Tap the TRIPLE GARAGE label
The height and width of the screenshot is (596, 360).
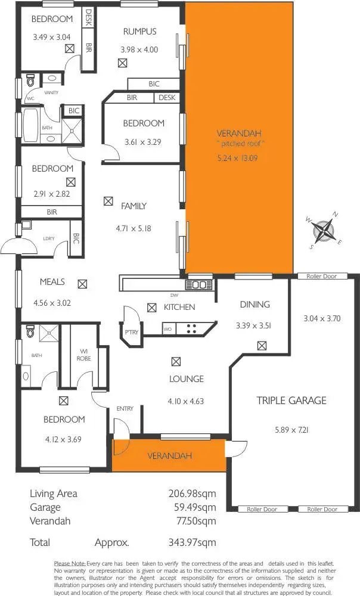point(291,401)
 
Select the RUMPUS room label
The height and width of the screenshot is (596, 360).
point(139,32)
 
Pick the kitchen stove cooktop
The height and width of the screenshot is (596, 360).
point(192,327)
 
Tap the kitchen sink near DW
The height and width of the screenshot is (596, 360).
point(199,285)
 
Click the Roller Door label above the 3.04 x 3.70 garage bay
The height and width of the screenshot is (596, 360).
point(322,276)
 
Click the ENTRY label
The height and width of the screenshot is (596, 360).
point(125,408)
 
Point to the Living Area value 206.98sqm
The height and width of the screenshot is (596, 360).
point(193,493)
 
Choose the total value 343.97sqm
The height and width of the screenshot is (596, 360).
point(193,542)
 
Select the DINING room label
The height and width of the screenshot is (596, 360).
point(255,305)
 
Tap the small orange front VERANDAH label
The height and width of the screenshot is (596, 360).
point(170,456)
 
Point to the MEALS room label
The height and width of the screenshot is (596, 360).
point(52,282)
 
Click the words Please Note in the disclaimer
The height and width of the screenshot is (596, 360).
point(69,563)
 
